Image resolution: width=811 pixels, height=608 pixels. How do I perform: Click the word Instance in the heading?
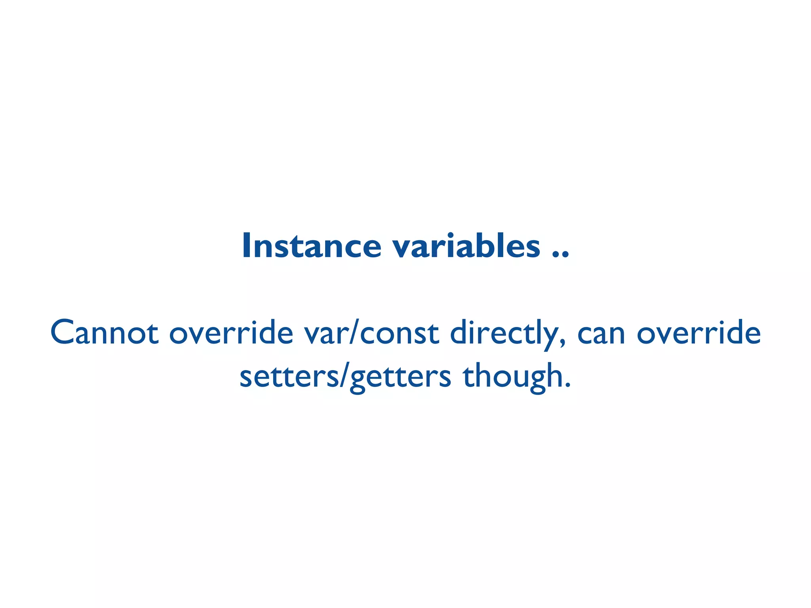coord(311,246)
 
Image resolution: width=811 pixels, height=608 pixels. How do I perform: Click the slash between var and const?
coord(352,333)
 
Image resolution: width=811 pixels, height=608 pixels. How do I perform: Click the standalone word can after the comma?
coord(601,334)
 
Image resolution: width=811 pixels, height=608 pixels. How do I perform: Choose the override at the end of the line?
coord(699,333)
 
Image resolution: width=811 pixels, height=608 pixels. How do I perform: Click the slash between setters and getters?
coord(340,376)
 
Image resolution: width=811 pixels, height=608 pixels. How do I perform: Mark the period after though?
coord(568,385)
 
